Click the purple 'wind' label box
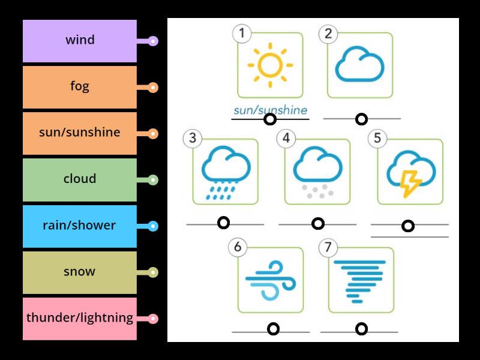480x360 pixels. (80, 41)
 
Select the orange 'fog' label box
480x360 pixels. (80, 87)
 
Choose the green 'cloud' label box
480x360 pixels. (80, 179)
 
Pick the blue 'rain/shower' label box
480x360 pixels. (80, 226)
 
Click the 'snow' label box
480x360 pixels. (80, 272)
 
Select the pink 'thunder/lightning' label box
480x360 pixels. (80, 319)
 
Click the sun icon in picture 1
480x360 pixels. (270, 63)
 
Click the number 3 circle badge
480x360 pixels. (192, 139)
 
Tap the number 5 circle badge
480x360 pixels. (377, 139)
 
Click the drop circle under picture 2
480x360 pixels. (361, 119)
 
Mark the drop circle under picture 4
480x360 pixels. (318, 224)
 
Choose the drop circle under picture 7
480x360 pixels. (361, 329)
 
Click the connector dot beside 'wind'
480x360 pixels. (153, 41)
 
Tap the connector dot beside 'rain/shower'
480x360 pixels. (153, 226)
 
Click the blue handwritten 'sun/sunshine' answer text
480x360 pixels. (270, 110)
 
